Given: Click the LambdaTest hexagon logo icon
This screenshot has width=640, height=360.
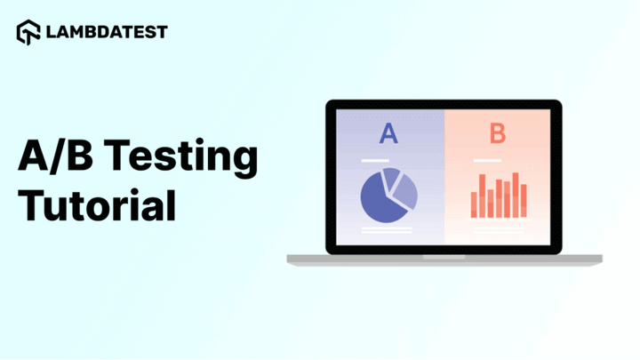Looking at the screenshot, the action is pyautogui.click(x=28, y=32).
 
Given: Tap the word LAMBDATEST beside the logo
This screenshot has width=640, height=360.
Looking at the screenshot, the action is pyautogui.click(x=107, y=32).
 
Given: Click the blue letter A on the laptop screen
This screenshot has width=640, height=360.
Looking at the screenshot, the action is pyautogui.click(x=388, y=133).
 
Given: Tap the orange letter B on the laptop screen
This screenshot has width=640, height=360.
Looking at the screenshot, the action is pyautogui.click(x=498, y=133).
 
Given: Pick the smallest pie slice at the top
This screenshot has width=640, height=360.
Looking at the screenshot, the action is pyautogui.click(x=391, y=178).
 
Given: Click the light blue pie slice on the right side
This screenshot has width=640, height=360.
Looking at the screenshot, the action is pyautogui.click(x=406, y=193).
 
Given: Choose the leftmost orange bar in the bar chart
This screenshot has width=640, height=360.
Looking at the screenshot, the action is pyautogui.click(x=474, y=205).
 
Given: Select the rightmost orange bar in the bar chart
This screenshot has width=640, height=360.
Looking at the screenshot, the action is pyautogui.click(x=524, y=201).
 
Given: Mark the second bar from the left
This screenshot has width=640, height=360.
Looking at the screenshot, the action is pyautogui.click(x=482, y=196).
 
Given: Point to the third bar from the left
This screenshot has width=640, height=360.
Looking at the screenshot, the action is pyautogui.click(x=491, y=204).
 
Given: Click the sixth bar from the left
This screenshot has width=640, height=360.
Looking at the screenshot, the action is pyautogui.click(x=516, y=195).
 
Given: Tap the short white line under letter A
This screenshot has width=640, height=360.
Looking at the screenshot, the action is pyautogui.click(x=375, y=161).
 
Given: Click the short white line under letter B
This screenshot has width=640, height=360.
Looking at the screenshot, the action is pyautogui.click(x=487, y=161).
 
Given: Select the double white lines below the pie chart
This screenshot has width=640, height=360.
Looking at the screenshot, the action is pyautogui.click(x=387, y=230).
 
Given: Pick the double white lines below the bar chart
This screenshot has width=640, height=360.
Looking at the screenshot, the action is pyautogui.click(x=499, y=230).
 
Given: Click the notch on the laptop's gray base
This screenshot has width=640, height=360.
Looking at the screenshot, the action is pyautogui.click(x=444, y=257).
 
